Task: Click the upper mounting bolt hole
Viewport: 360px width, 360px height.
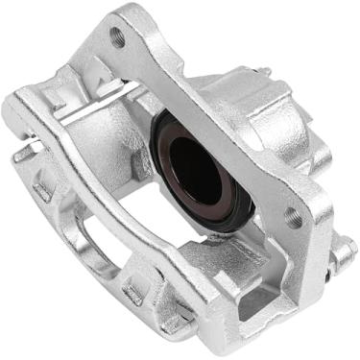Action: pos(118,37)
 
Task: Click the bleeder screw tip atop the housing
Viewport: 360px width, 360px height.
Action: pos(262,72)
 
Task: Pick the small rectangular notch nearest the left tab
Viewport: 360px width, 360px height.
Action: pos(45,186)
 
